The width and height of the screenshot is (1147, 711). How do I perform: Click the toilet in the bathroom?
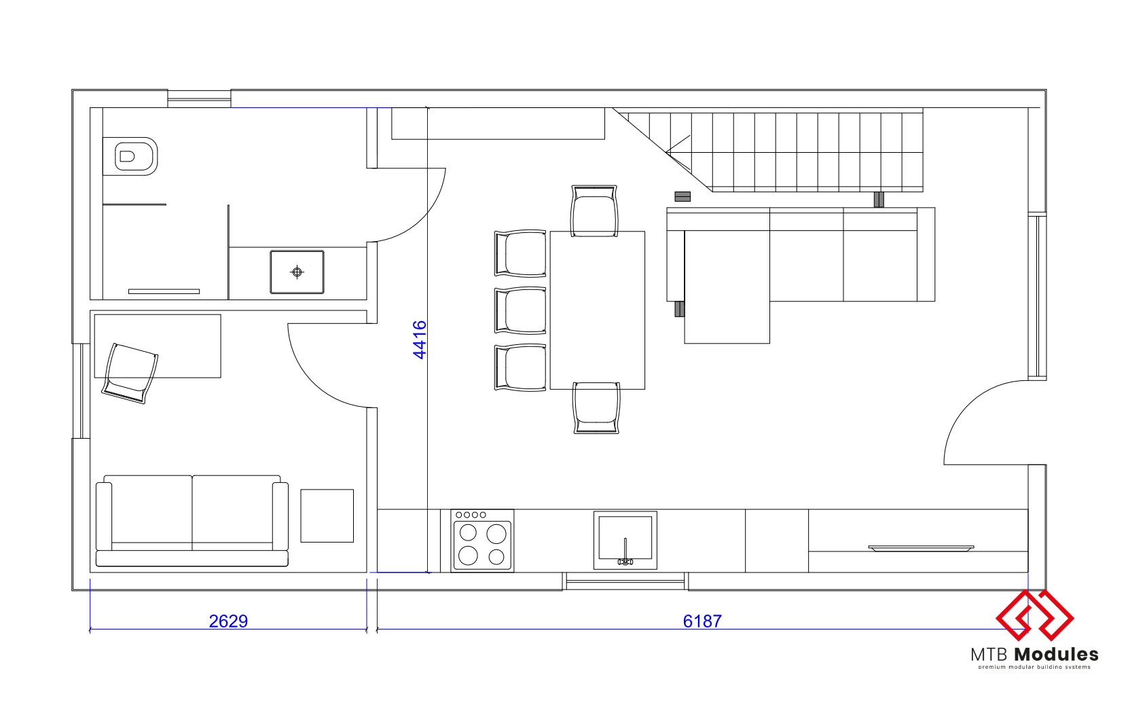pyautogui.click(x=130, y=156)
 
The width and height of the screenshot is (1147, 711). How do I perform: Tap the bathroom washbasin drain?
pyautogui.click(x=297, y=272)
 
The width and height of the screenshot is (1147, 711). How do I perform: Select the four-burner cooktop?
pyautogui.click(x=482, y=541)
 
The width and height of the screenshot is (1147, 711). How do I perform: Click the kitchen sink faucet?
pyautogui.click(x=625, y=553)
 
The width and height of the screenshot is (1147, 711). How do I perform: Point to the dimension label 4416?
pyautogui.click(x=420, y=340)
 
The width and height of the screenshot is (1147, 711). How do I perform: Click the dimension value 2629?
pyautogui.click(x=228, y=621)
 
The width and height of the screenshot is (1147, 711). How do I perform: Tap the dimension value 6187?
pyautogui.click(x=702, y=621)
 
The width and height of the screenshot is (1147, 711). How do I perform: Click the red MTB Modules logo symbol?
pyautogui.click(x=1034, y=615)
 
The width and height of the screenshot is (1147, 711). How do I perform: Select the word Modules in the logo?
pyautogui.click(x=1057, y=654)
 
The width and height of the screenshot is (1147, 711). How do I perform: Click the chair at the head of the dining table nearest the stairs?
pyautogui.click(x=594, y=211)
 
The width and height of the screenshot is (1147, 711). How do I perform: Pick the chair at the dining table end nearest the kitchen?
pyautogui.click(x=596, y=408)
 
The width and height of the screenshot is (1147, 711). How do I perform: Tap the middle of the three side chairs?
pyautogui.click(x=520, y=310)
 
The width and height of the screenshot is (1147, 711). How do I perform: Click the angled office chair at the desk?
pyautogui.click(x=130, y=373)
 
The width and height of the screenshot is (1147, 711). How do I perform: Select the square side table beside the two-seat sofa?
pyautogui.click(x=327, y=515)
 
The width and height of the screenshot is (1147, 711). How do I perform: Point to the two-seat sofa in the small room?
pyautogui.click(x=192, y=521)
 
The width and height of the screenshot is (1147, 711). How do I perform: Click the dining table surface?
pyautogui.click(x=598, y=310)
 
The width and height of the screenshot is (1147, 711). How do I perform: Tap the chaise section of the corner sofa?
pyautogui.click(x=727, y=287)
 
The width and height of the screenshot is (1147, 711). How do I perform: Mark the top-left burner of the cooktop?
pyautogui.click(x=468, y=532)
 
